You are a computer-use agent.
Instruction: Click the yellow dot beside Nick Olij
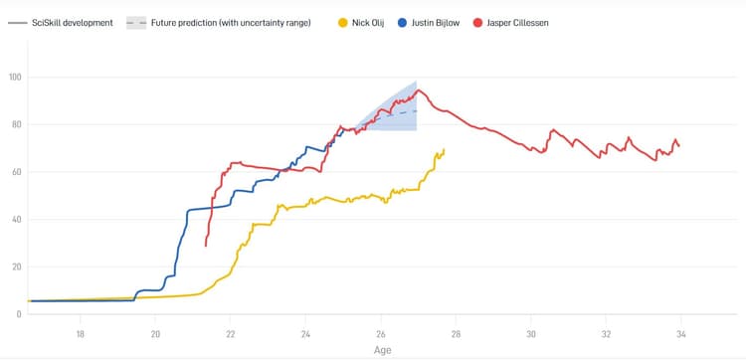tap(344, 22)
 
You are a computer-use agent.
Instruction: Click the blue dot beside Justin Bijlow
tap(403, 22)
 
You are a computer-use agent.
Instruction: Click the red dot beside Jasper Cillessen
tap(478, 22)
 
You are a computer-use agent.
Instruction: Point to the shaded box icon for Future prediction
tap(136, 22)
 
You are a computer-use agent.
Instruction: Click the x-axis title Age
tap(383, 349)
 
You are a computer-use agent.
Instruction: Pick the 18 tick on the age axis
tap(80, 332)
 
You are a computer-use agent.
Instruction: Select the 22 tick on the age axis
tap(231, 332)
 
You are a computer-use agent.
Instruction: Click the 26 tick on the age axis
tap(381, 332)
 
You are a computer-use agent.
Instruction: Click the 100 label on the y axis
tap(15, 77)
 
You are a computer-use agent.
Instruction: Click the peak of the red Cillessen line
tap(419, 90)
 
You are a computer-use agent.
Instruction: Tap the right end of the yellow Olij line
tap(444, 149)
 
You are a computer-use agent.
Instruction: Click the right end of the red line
tap(679, 146)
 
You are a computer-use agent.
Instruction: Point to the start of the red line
tap(205, 246)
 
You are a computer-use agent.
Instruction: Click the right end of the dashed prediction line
tap(416, 109)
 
